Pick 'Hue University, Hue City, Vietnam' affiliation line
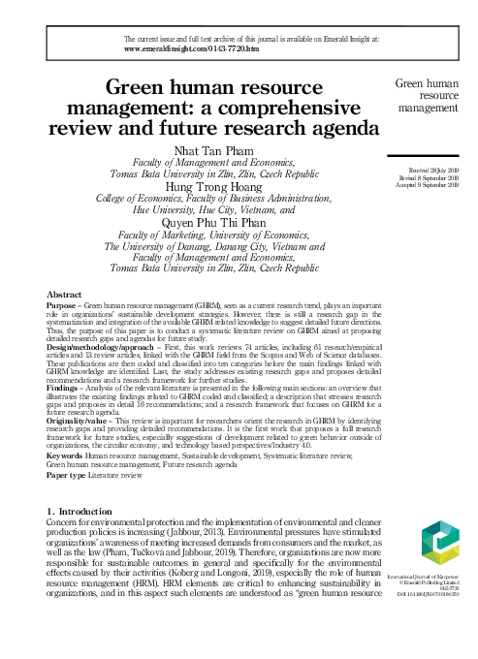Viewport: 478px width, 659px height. tap(213, 206)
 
